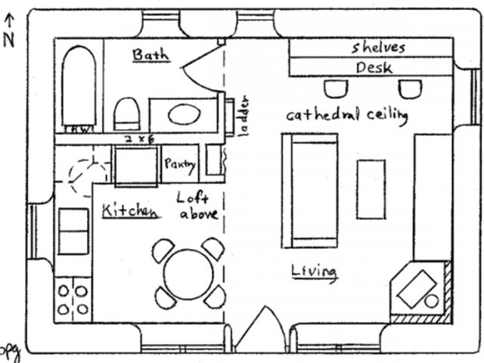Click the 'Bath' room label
[x=151, y=55]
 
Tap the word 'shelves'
[x=378, y=47]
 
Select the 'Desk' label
[x=374, y=68]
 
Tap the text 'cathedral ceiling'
[x=346, y=116]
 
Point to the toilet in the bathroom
[x=128, y=114]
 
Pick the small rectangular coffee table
[x=371, y=188]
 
